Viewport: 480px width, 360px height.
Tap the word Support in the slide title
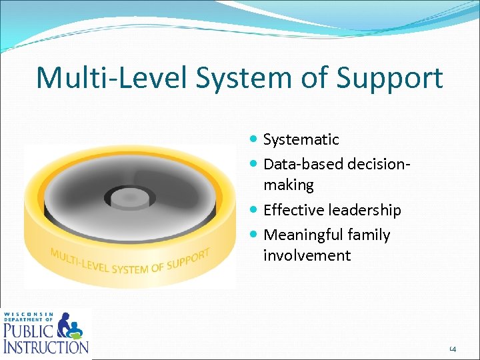(390, 79)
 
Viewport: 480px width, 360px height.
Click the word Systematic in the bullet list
(301, 139)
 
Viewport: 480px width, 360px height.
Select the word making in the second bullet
(288, 185)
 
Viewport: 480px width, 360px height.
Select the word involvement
(307, 256)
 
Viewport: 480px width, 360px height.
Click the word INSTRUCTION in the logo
(45, 346)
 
